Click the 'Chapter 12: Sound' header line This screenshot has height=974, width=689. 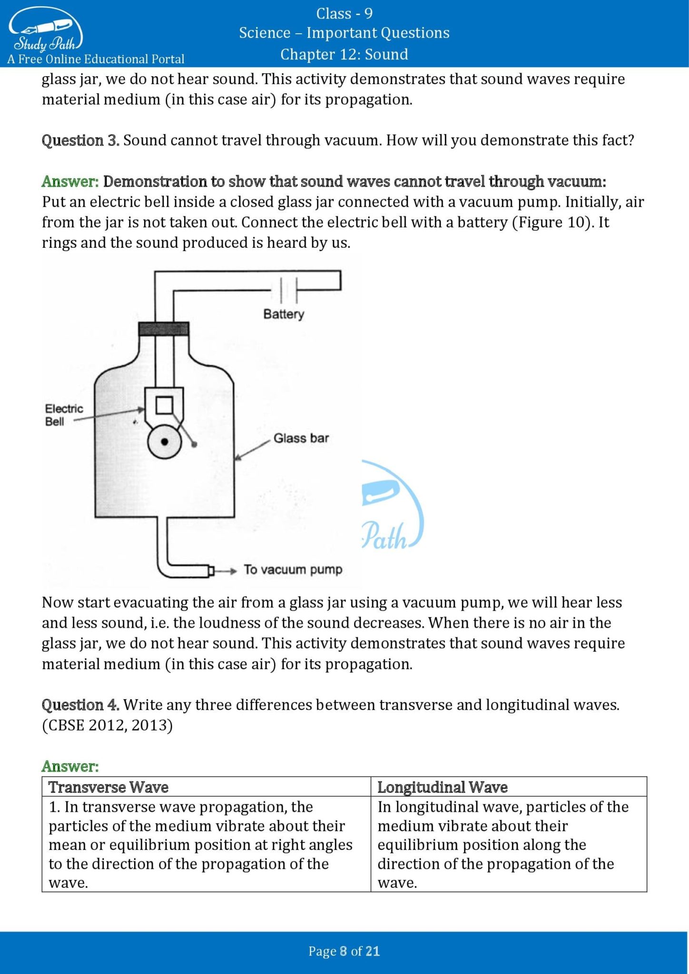point(344,54)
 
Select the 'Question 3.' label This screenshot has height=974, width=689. point(80,140)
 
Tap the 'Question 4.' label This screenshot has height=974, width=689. point(80,705)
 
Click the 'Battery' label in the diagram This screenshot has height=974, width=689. point(284,314)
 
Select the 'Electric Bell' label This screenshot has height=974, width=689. point(63,415)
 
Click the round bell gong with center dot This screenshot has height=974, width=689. point(165,442)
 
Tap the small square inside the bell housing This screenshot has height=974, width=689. point(164,405)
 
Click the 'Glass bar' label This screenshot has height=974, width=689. point(301,438)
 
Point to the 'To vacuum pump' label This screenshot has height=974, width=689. point(293,569)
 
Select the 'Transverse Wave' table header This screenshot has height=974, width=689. point(108,787)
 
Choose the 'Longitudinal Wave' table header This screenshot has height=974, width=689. point(442,787)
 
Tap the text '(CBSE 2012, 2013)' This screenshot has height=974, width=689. point(107,725)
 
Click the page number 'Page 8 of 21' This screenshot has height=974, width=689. point(344,951)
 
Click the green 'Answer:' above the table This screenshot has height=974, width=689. point(70,766)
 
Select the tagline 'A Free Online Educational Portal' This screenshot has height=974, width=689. point(96,59)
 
